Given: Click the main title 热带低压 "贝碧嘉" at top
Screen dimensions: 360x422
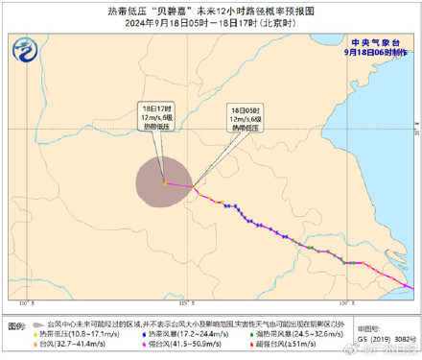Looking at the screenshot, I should [211, 9].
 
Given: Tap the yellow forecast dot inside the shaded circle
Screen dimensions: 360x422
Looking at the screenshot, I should [164, 182].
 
